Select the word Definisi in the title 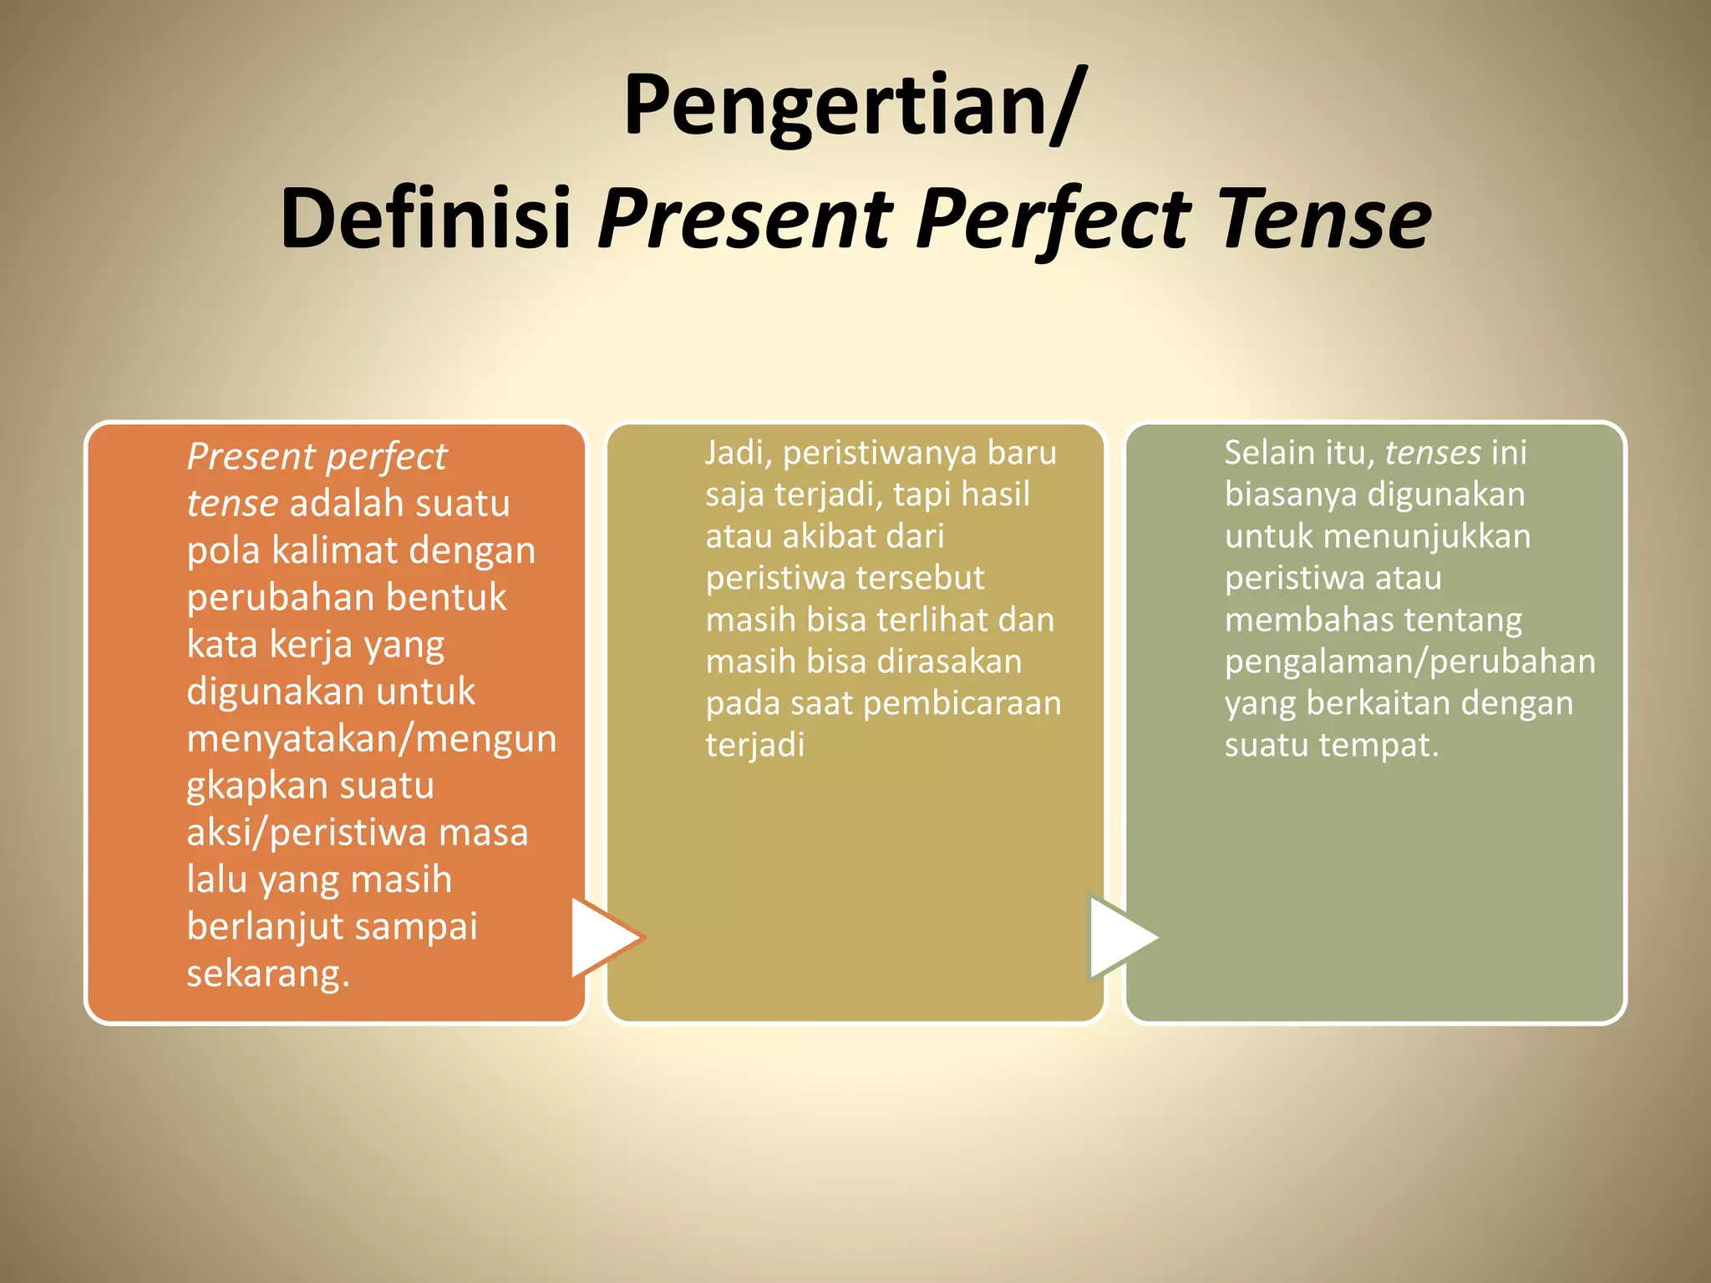point(425,220)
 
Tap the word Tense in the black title point(1325,220)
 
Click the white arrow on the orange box point(603,937)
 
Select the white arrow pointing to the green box point(1120,937)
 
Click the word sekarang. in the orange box point(267,974)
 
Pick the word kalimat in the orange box point(335,551)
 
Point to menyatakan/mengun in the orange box point(371,739)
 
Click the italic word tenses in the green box point(1433,454)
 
